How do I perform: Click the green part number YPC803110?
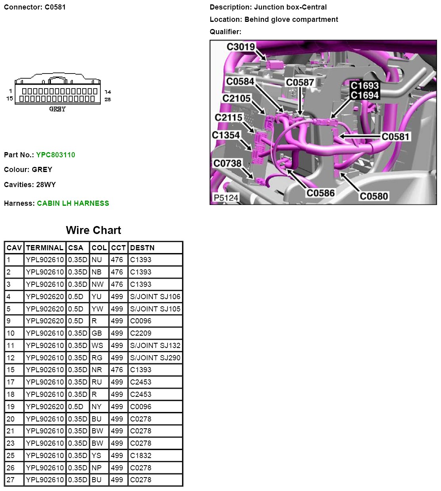tap(55, 155)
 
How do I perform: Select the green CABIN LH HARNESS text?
tap(73, 203)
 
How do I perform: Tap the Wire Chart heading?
tap(93, 230)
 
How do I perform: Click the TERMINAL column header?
tap(44, 248)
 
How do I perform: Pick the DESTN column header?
tap(142, 248)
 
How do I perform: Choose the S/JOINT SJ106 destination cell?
tap(155, 297)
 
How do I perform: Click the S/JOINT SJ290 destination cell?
tap(155, 358)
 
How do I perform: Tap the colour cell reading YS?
tap(96, 456)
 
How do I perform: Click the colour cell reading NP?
tap(96, 468)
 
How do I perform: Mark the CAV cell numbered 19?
tap(11, 407)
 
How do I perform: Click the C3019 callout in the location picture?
tap(241, 47)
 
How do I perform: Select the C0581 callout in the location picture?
tap(395, 137)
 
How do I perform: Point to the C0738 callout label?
tap(227, 164)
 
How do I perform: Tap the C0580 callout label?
tap(374, 196)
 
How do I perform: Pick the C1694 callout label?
tap(364, 95)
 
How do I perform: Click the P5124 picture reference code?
tap(226, 198)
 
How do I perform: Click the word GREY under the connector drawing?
tap(58, 109)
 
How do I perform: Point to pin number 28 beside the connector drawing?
tap(108, 99)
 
